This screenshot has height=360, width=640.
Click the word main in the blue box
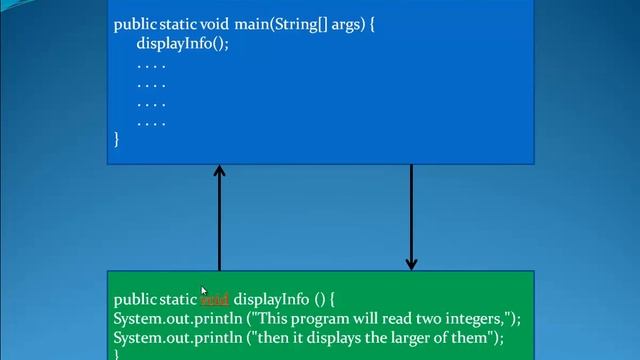pos(252,24)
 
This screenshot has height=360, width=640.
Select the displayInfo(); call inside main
pos(182,44)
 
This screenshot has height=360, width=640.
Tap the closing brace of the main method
pos(116,140)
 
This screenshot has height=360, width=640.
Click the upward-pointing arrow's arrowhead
pos(219,173)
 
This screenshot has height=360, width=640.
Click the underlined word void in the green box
pos(215,299)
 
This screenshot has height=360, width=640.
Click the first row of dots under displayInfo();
pos(151,65)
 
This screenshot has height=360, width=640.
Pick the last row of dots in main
pos(151,123)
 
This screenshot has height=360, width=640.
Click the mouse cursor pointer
pos(203,290)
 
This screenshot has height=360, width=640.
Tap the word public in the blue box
pos(135,24)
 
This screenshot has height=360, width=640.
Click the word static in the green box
pos(178,299)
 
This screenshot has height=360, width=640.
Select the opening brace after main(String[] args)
pos(371,24)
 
